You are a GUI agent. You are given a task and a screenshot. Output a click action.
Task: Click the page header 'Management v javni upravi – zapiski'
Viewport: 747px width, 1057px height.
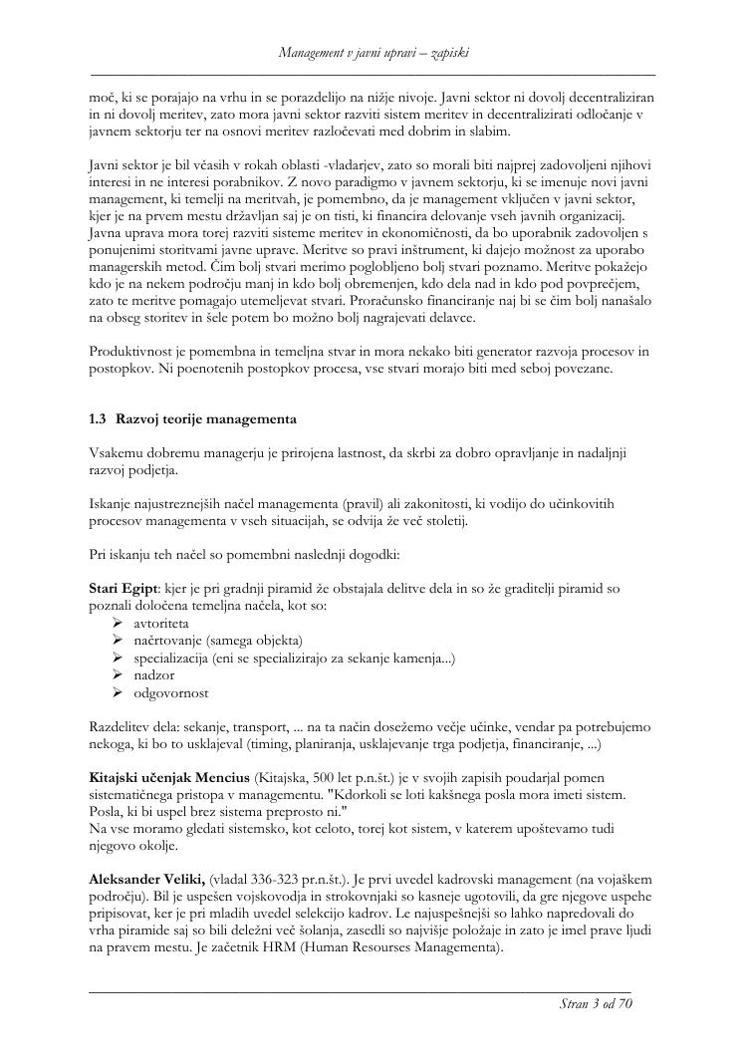click(373, 52)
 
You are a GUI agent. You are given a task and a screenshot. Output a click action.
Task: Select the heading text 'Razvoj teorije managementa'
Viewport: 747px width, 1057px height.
click(206, 418)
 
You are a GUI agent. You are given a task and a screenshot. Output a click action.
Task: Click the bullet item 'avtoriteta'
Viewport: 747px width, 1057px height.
click(161, 623)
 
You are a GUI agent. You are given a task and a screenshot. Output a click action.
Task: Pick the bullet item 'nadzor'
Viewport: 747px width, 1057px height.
click(154, 675)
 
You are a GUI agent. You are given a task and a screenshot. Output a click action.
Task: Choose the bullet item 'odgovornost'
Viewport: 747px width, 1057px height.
click(171, 692)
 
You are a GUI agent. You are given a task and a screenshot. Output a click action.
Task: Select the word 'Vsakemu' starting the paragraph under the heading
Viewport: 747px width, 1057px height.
click(116, 453)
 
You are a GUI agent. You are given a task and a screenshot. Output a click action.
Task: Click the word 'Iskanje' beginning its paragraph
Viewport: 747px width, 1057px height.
click(112, 504)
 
